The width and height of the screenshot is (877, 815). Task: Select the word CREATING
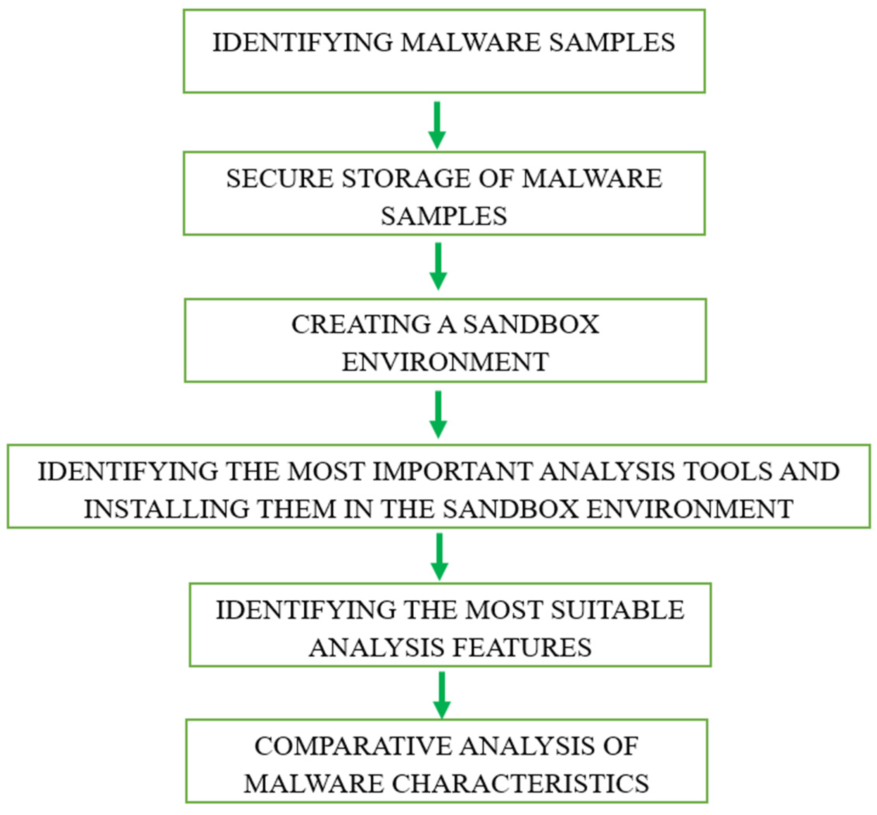(361, 325)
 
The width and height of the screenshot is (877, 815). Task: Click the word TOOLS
(723, 471)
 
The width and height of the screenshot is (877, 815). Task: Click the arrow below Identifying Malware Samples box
(437, 125)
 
